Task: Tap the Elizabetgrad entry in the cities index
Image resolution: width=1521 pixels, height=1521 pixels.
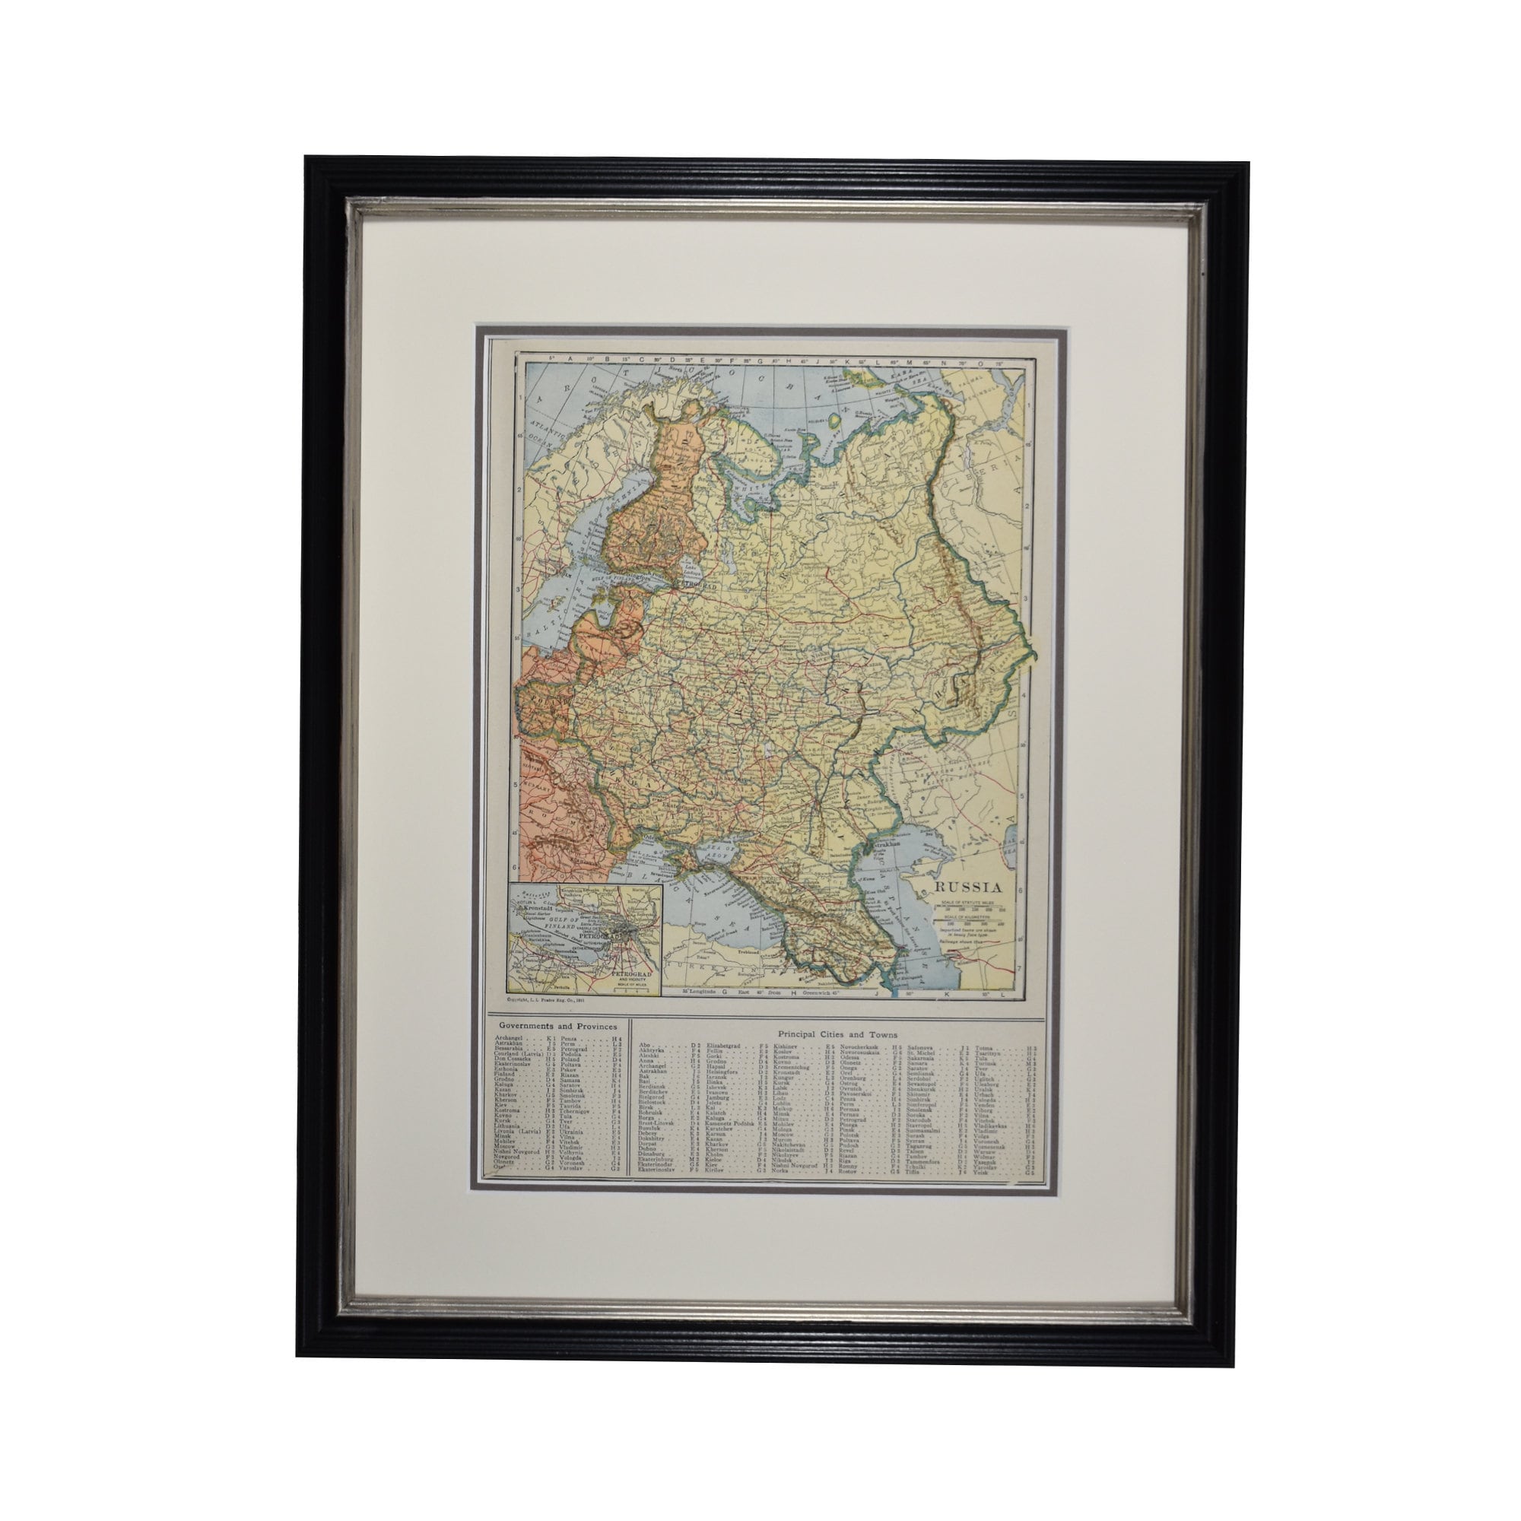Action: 725,1045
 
